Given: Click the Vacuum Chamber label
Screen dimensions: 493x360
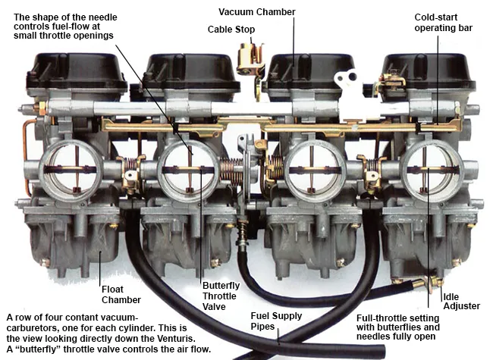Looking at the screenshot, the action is point(257,12).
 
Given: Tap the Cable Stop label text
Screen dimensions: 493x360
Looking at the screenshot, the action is point(231,30).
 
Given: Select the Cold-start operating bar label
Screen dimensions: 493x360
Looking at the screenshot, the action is point(444,23).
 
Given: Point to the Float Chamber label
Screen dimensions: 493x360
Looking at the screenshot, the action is point(121,294).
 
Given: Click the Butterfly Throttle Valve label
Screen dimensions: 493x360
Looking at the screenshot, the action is point(221,296).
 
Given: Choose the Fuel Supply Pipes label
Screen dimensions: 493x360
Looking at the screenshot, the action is point(276,321).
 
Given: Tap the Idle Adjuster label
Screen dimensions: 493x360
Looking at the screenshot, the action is point(462,301).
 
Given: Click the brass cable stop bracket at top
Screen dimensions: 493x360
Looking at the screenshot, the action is point(250,59).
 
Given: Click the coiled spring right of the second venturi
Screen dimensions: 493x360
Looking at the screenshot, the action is point(231,171).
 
